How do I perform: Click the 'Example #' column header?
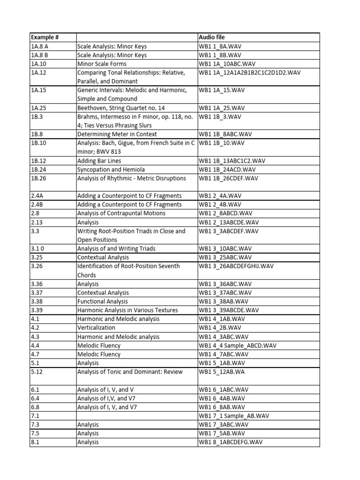(x=46, y=37)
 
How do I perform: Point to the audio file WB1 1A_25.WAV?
(x=222, y=108)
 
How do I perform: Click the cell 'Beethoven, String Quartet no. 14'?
(x=121, y=108)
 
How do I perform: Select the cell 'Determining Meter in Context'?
(x=117, y=134)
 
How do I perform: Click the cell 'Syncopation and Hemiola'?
(x=111, y=169)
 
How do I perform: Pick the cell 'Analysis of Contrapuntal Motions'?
(x=121, y=213)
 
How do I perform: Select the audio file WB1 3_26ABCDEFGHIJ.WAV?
(x=236, y=266)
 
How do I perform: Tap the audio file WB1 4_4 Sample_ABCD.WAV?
(x=238, y=345)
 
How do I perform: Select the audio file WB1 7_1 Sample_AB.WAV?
(x=234, y=416)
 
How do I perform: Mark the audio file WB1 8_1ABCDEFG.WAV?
(x=231, y=442)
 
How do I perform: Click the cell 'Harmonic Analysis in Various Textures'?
(x=127, y=310)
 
